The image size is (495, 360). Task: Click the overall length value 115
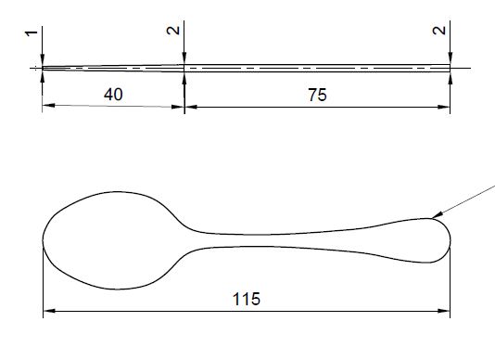(247, 299)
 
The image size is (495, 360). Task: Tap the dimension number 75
(317, 95)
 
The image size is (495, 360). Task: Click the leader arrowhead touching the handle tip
(433, 217)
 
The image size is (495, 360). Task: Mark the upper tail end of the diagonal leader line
(492, 186)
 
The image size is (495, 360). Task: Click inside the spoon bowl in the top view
(107, 239)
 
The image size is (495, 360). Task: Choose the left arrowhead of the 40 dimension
(48, 107)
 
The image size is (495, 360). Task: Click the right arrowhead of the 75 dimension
(446, 107)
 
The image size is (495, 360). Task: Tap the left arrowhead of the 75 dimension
(191, 107)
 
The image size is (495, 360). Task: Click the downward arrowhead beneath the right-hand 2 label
(451, 58)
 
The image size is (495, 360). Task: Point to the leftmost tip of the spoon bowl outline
(44, 238)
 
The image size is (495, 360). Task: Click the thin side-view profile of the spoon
(278, 67)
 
